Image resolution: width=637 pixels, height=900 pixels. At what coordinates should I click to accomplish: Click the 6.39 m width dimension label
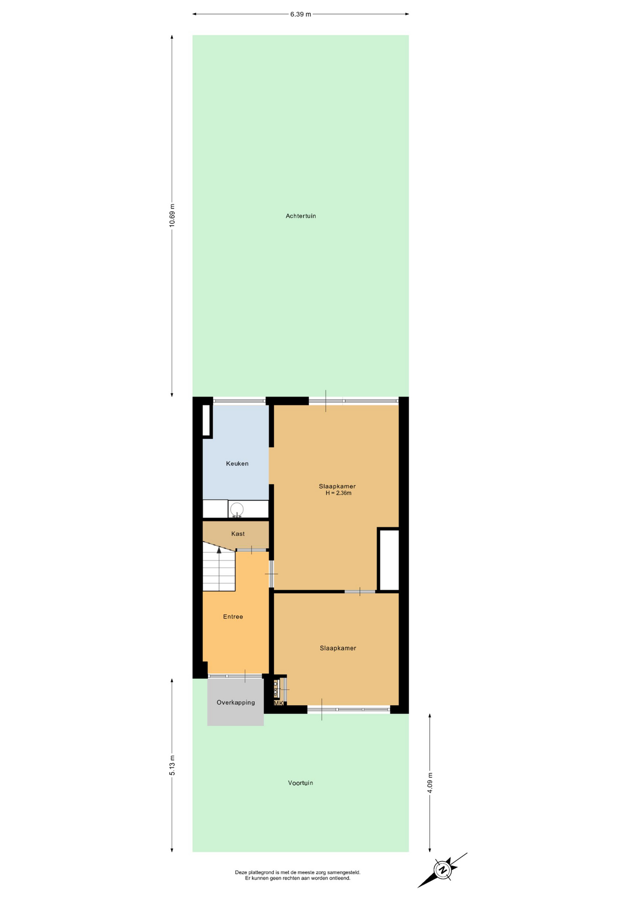(x=300, y=14)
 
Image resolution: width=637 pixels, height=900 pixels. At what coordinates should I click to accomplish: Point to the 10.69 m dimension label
(x=172, y=216)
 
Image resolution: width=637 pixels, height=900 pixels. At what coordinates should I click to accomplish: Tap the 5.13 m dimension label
(x=172, y=765)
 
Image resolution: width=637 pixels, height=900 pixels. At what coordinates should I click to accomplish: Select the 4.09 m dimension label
(x=430, y=782)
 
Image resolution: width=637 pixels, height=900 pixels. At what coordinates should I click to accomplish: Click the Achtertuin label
(x=301, y=216)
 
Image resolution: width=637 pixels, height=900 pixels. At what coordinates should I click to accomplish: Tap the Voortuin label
(x=300, y=783)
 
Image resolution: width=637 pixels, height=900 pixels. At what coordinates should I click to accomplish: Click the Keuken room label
(x=237, y=464)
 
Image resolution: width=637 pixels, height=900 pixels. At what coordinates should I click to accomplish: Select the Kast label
(x=238, y=534)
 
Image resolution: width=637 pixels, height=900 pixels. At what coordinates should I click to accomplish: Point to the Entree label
(x=233, y=617)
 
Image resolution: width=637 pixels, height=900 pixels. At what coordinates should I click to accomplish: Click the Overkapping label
(x=236, y=703)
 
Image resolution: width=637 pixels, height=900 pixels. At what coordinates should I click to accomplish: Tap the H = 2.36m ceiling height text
(x=339, y=493)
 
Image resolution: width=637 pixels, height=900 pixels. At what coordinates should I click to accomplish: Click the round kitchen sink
(x=237, y=509)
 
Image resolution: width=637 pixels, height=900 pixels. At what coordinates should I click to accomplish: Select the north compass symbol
(x=442, y=870)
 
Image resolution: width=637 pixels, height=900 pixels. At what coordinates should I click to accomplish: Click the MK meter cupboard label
(x=279, y=703)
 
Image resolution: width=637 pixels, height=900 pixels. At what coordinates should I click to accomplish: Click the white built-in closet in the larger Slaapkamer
(x=389, y=560)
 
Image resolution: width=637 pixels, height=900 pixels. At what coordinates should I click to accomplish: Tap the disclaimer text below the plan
(x=298, y=875)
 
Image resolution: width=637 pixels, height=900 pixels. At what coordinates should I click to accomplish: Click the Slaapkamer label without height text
(x=338, y=648)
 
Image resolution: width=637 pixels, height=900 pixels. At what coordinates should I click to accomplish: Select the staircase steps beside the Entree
(x=219, y=566)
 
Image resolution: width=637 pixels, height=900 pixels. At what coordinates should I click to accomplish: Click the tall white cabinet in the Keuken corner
(x=206, y=420)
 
